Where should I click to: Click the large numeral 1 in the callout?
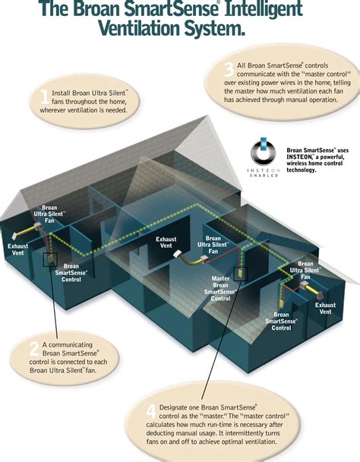click(x=45, y=97)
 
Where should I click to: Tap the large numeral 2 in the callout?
click(x=34, y=349)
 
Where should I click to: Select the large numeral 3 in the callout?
click(x=229, y=70)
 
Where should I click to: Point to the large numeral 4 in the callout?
click(x=151, y=411)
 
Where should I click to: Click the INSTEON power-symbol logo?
click(x=264, y=151)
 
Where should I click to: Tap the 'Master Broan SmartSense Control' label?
click(x=220, y=288)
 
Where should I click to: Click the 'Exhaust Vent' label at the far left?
click(x=17, y=249)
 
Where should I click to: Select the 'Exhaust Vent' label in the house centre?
click(x=166, y=242)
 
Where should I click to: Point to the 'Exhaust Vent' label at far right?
click(x=325, y=309)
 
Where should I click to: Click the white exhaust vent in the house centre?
click(x=178, y=254)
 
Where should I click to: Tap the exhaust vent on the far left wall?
click(x=14, y=236)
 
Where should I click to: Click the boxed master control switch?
click(x=241, y=274)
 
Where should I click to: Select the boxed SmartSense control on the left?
click(x=50, y=260)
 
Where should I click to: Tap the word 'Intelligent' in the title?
click(x=264, y=9)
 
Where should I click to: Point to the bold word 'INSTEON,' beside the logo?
click(x=299, y=157)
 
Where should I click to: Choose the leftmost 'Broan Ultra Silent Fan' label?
click(x=49, y=214)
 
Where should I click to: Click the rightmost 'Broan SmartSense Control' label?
click(x=281, y=321)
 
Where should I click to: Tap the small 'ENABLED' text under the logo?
click(x=264, y=176)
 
